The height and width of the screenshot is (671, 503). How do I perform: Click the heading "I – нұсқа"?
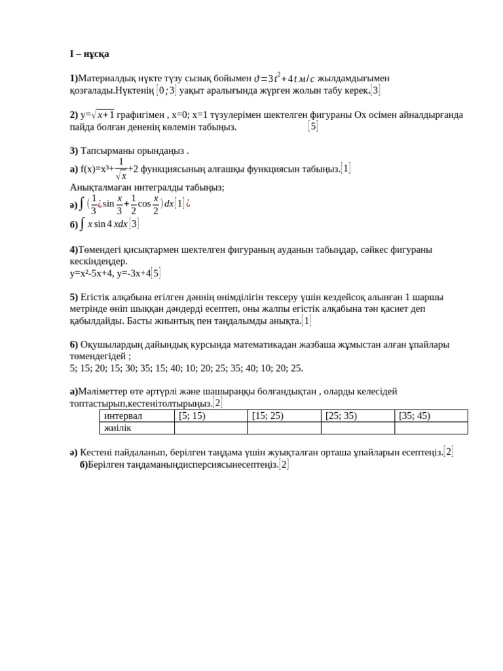pyautogui.click(x=90, y=54)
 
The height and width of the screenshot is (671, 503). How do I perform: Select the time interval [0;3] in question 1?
pyautogui.click(x=166, y=90)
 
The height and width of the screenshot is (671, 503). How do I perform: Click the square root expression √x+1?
pyautogui.click(x=103, y=115)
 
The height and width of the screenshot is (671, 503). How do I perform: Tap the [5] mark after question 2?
pyautogui.click(x=313, y=126)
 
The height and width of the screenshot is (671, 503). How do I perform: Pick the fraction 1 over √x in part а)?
pyautogui.click(x=121, y=168)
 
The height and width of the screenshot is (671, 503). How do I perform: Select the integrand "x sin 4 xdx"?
pyautogui.click(x=107, y=224)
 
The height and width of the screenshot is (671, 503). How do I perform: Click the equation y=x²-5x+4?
pyautogui.click(x=91, y=273)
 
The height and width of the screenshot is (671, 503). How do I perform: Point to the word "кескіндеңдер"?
pyautogui.click(x=98, y=261)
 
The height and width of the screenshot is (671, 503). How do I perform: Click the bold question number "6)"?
pyautogui.click(x=74, y=344)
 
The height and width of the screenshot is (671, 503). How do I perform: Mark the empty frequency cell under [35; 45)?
pyautogui.click(x=431, y=428)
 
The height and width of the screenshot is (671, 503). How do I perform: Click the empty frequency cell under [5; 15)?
pyautogui.click(x=210, y=428)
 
